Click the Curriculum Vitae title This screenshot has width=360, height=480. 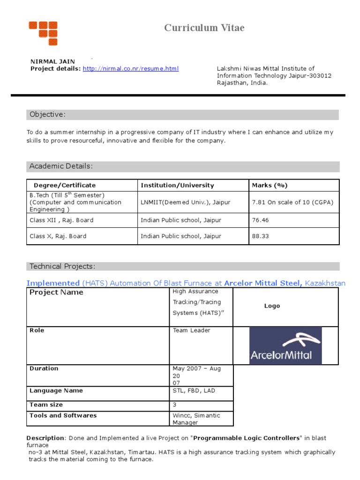click(x=204, y=28)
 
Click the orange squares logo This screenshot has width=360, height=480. click(x=43, y=33)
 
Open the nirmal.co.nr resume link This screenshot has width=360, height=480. click(x=131, y=69)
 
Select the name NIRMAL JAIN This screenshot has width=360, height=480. click(x=52, y=61)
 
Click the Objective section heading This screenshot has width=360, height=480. click(x=48, y=115)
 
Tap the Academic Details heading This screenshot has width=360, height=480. click(x=61, y=166)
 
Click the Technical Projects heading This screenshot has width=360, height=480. click(x=62, y=267)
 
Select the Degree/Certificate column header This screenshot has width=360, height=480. click(x=65, y=185)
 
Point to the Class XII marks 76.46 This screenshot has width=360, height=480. click(x=261, y=220)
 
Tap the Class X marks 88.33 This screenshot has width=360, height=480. click(x=261, y=236)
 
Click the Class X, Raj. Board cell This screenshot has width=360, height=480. click(x=58, y=236)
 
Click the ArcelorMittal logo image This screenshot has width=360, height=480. click(x=285, y=345)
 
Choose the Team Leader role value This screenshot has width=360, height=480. click(x=191, y=330)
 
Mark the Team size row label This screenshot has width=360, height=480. click(x=46, y=405)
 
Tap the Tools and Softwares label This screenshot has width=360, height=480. click(x=63, y=416)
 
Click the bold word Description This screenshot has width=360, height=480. click(x=45, y=438)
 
